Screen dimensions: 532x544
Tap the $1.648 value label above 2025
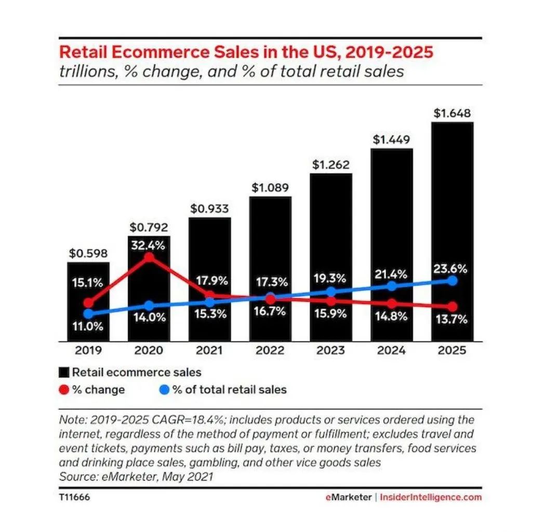(452, 114)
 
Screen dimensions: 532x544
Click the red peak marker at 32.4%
(149, 257)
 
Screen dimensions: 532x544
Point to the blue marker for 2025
(452, 281)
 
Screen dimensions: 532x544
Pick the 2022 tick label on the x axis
(270, 350)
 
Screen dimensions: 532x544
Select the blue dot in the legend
(164, 389)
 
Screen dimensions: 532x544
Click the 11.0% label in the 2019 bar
(88, 327)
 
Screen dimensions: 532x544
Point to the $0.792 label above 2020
(149, 227)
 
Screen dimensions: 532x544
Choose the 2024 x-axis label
(391, 350)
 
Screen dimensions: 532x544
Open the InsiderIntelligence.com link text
(431, 497)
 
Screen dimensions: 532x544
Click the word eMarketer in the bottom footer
(348, 497)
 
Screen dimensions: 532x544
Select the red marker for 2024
(391, 304)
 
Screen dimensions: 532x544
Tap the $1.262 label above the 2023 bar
(331, 165)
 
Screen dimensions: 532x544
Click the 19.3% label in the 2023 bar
(331, 278)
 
